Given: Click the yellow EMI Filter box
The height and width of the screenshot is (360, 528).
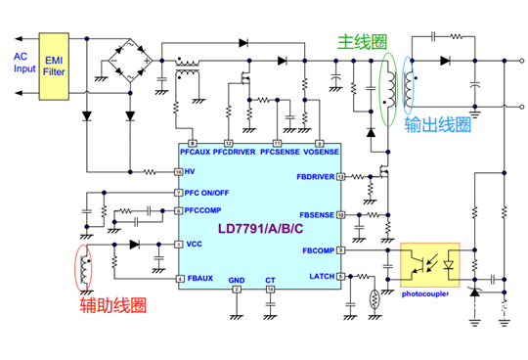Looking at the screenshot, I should click(x=55, y=66).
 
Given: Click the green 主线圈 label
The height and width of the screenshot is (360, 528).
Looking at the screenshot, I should click(x=361, y=42).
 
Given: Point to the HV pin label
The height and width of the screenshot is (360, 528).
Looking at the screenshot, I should click(x=191, y=172).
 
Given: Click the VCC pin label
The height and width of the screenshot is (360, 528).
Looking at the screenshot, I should click(x=194, y=244).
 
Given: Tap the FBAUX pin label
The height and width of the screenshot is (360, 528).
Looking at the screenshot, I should click(x=198, y=279).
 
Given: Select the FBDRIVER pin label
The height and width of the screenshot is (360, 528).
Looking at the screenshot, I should click(x=316, y=178).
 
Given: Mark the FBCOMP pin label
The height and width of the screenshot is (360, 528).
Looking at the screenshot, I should click(x=317, y=249).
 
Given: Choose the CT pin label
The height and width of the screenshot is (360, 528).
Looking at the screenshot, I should click(x=271, y=280).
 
